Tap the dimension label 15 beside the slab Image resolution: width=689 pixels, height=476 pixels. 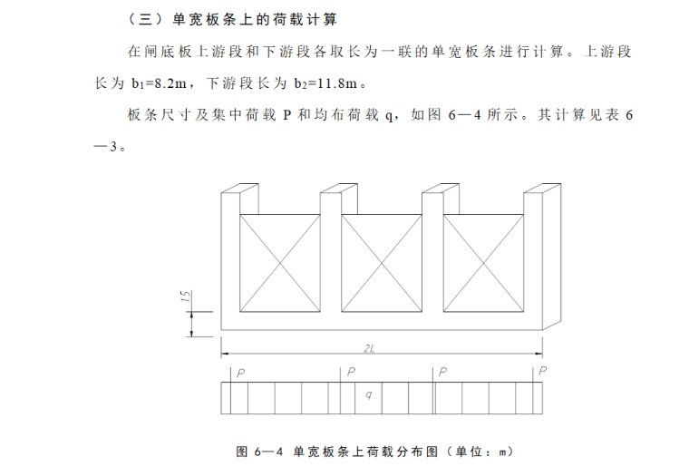(x=184, y=296)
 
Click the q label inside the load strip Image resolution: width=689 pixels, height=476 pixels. (x=368, y=394)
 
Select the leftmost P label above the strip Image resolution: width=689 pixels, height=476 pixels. (x=239, y=372)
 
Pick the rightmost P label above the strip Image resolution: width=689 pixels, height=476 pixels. (x=542, y=371)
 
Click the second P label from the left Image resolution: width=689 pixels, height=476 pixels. (x=351, y=372)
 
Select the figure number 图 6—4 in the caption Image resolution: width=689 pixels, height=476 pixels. (x=259, y=451)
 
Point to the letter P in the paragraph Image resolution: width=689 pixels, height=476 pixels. (x=286, y=116)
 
